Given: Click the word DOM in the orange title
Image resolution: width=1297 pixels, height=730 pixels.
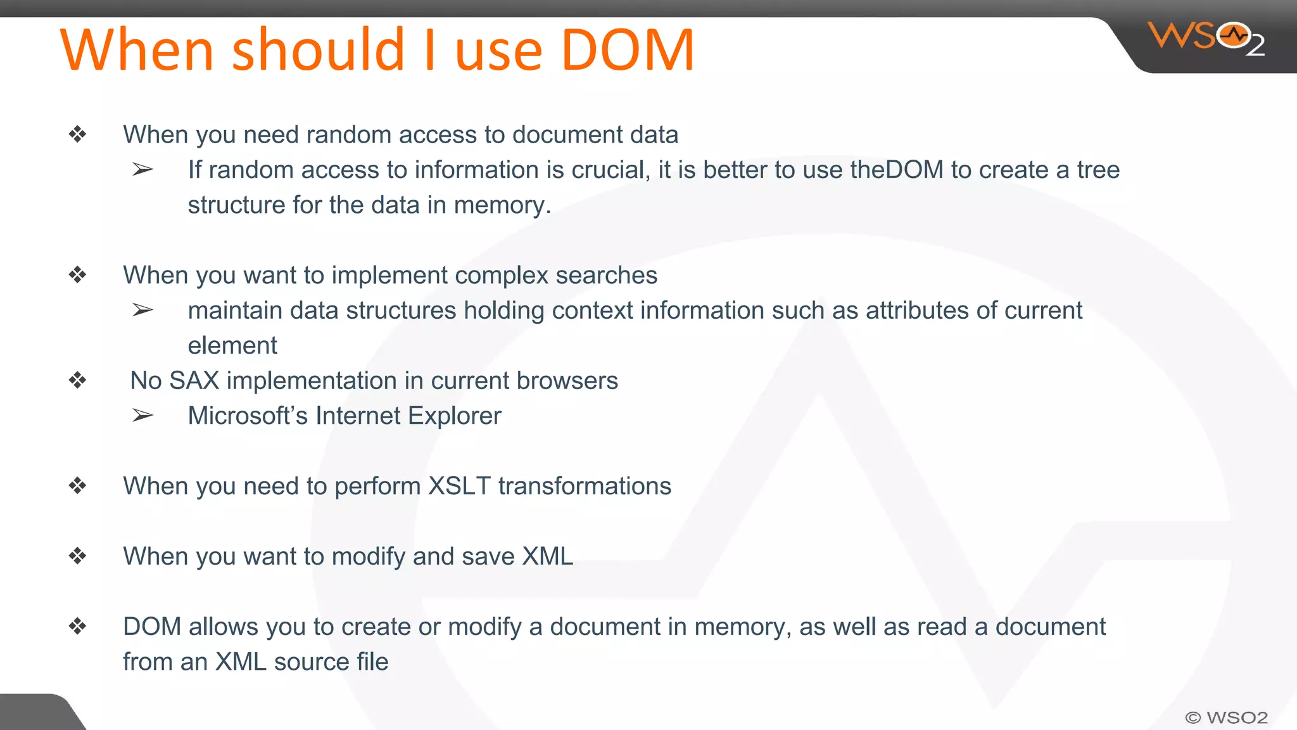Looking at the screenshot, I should pos(628,50).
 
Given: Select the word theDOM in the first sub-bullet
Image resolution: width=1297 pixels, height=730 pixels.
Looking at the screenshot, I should pos(897,170).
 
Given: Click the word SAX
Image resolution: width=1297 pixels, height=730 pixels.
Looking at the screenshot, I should pos(194,381).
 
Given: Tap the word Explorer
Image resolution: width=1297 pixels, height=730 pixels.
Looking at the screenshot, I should pos(454,416).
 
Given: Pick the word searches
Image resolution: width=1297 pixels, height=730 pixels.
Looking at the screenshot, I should pos(606,276).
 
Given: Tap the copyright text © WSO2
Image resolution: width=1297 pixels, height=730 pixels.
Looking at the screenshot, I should pos(1226,717).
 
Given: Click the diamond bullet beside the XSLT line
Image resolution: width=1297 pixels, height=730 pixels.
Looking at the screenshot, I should pos(78,486).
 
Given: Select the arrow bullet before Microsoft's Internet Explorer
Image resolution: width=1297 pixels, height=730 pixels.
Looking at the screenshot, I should pos(142,416).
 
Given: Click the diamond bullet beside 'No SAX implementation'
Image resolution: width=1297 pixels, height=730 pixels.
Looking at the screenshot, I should pos(78,381).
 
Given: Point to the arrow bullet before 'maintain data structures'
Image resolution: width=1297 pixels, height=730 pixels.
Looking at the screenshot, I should pos(142,311).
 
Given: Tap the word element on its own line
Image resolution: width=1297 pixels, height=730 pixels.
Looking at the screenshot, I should pos(232,346).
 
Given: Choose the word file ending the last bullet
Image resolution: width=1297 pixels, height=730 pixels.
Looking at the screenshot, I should pos(372,662).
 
